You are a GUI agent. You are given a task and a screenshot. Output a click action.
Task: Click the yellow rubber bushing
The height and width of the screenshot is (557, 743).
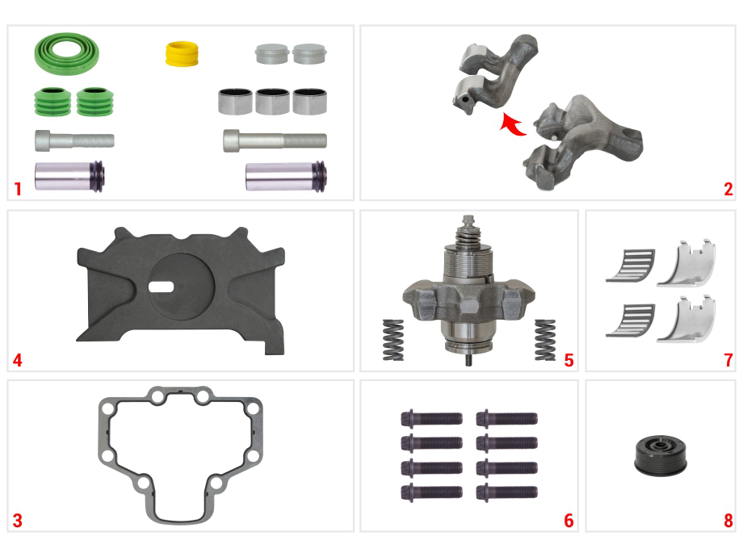pyautogui.click(x=182, y=54)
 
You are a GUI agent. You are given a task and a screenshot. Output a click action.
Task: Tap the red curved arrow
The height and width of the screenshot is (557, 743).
pyautogui.click(x=512, y=124)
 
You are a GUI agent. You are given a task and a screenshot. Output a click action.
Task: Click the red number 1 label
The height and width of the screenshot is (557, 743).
pyautogui.click(x=18, y=189)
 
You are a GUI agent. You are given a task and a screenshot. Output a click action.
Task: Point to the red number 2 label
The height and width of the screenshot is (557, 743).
pyautogui.click(x=728, y=190)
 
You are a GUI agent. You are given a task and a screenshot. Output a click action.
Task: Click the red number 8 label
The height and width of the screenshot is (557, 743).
pyautogui.click(x=728, y=521)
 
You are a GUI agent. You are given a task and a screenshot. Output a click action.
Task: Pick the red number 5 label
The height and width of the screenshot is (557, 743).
pyautogui.click(x=569, y=360)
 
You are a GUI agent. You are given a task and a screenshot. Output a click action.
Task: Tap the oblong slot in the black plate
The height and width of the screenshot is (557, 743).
pyautogui.click(x=161, y=287)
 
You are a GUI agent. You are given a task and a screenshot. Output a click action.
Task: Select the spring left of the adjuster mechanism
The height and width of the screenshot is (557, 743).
pyautogui.click(x=392, y=340)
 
